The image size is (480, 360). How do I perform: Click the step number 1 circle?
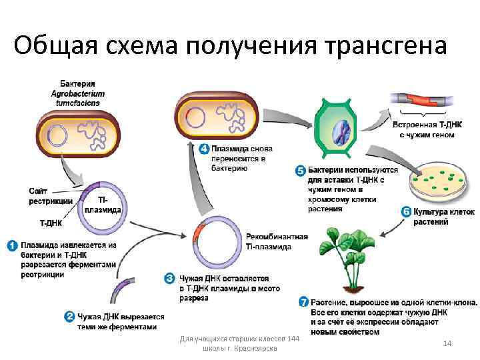pyautogui.click(x=12, y=245)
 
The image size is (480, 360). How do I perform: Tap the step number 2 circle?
pyautogui.click(x=69, y=317)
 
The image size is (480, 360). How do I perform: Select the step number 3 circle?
pyautogui.click(x=170, y=277)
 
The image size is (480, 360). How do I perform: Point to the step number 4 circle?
pyautogui.click(x=204, y=148)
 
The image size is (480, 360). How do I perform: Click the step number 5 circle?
pyautogui.click(x=300, y=171)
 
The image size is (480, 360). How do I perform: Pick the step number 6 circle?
pyautogui.click(x=405, y=212)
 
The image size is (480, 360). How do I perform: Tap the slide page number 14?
pyautogui.click(x=447, y=343)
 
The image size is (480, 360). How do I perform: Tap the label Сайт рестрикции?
pyautogui.click(x=51, y=197)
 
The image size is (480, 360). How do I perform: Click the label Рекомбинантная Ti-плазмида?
pyautogui.click(x=276, y=241)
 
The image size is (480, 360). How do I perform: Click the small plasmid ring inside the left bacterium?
pyautogui.click(x=58, y=136)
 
